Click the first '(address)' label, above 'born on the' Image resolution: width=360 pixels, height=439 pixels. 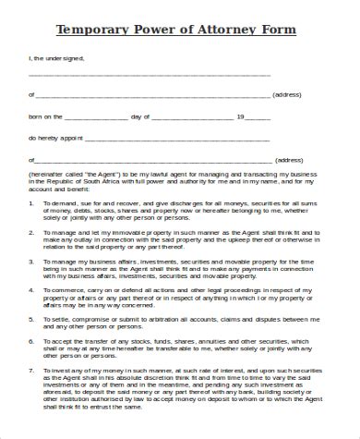(x=287, y=94)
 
